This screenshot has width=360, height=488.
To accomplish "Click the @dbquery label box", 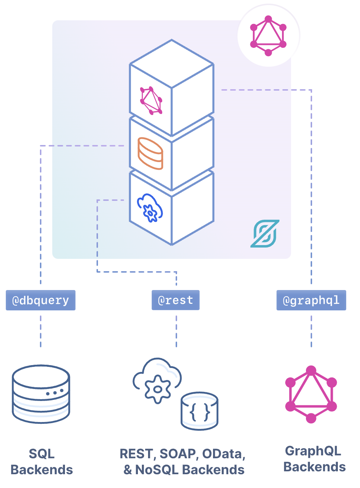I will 41,300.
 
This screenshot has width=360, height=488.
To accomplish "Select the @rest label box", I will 176,300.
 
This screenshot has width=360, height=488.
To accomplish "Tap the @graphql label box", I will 311,300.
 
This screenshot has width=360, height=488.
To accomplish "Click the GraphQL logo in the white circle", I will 269,36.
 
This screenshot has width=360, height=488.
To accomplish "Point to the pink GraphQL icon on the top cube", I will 151,100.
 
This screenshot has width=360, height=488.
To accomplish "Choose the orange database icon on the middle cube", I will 150,153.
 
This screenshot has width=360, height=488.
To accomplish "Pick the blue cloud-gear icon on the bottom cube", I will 150,208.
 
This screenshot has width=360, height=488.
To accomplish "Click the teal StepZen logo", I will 265,233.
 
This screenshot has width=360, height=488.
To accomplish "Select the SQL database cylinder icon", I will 41,394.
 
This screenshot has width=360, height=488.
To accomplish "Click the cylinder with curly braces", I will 200,411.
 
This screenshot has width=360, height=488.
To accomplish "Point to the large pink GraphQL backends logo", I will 311,394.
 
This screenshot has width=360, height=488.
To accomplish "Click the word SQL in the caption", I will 42,454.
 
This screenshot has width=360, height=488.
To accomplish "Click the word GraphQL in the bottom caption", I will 313,451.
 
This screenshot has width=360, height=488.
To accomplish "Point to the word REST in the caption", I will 136,454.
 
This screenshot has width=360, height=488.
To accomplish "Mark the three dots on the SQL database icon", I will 54,393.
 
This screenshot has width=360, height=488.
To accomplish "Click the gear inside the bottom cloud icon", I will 157,389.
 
